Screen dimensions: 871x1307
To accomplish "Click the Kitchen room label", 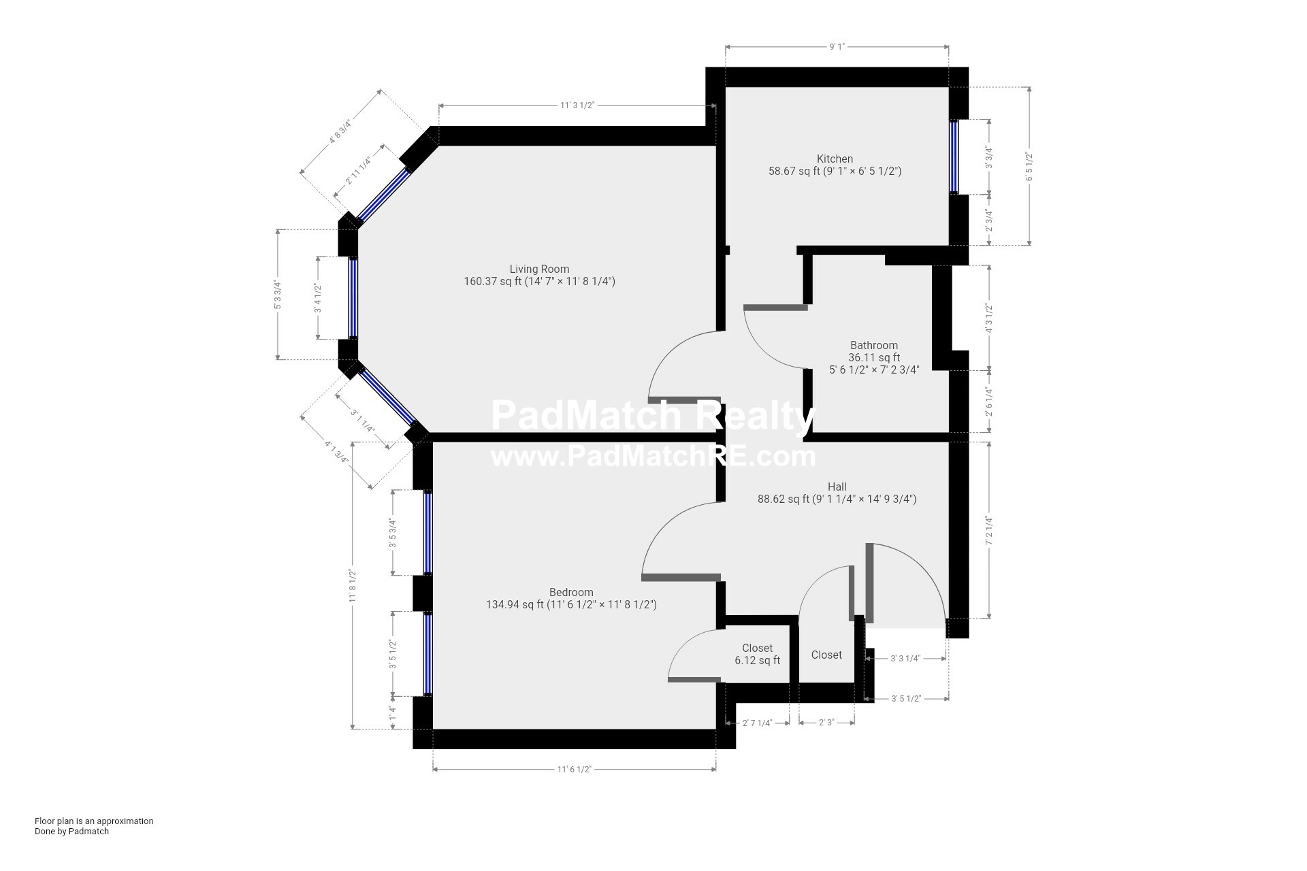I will [835, 159].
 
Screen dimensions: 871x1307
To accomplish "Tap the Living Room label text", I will [539, 269].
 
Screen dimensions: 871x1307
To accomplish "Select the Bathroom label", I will [873, 346].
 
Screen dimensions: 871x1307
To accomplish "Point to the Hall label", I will [837, 487].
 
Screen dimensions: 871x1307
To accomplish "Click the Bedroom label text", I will [570, 593].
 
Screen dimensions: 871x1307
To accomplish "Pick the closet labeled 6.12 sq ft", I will [757, 654].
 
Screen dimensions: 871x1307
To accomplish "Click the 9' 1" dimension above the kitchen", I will [837, 47].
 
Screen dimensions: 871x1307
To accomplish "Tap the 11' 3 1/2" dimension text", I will [577, 105].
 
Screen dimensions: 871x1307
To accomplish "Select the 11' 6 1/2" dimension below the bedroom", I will [574, 770].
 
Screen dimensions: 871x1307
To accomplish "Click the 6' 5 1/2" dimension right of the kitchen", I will [1029, 166].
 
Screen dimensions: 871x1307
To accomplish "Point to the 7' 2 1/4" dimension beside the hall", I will [989, 531].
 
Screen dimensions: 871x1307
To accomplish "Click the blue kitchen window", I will [954, 157].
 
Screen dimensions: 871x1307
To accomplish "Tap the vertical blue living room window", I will [353, 297].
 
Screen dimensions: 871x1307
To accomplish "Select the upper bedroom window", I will [427, 533].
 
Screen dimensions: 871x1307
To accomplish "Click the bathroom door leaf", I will [775, 308].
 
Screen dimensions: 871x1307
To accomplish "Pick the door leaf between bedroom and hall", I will [681, 578].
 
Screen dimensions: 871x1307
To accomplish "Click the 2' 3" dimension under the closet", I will [826, 723].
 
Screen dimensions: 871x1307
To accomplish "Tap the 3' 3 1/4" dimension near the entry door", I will [905, 659].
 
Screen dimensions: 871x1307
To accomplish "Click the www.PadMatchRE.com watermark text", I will [652, 457].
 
